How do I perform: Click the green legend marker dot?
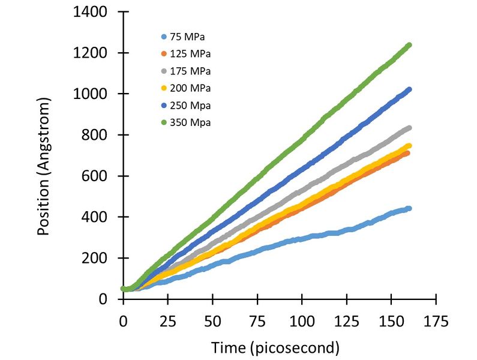tap(163, 123)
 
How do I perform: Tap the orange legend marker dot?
tap(163, 54)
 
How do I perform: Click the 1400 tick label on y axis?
tap(91, 12)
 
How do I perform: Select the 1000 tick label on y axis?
tap(91, 94)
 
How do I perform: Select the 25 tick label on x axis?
tap(168, 322)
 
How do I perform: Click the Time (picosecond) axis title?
tap(275, 347)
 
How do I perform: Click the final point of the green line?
tap(409, 45)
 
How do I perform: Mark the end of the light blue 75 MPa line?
tap(409, 208)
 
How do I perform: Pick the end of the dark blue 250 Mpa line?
tap(409, 89)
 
